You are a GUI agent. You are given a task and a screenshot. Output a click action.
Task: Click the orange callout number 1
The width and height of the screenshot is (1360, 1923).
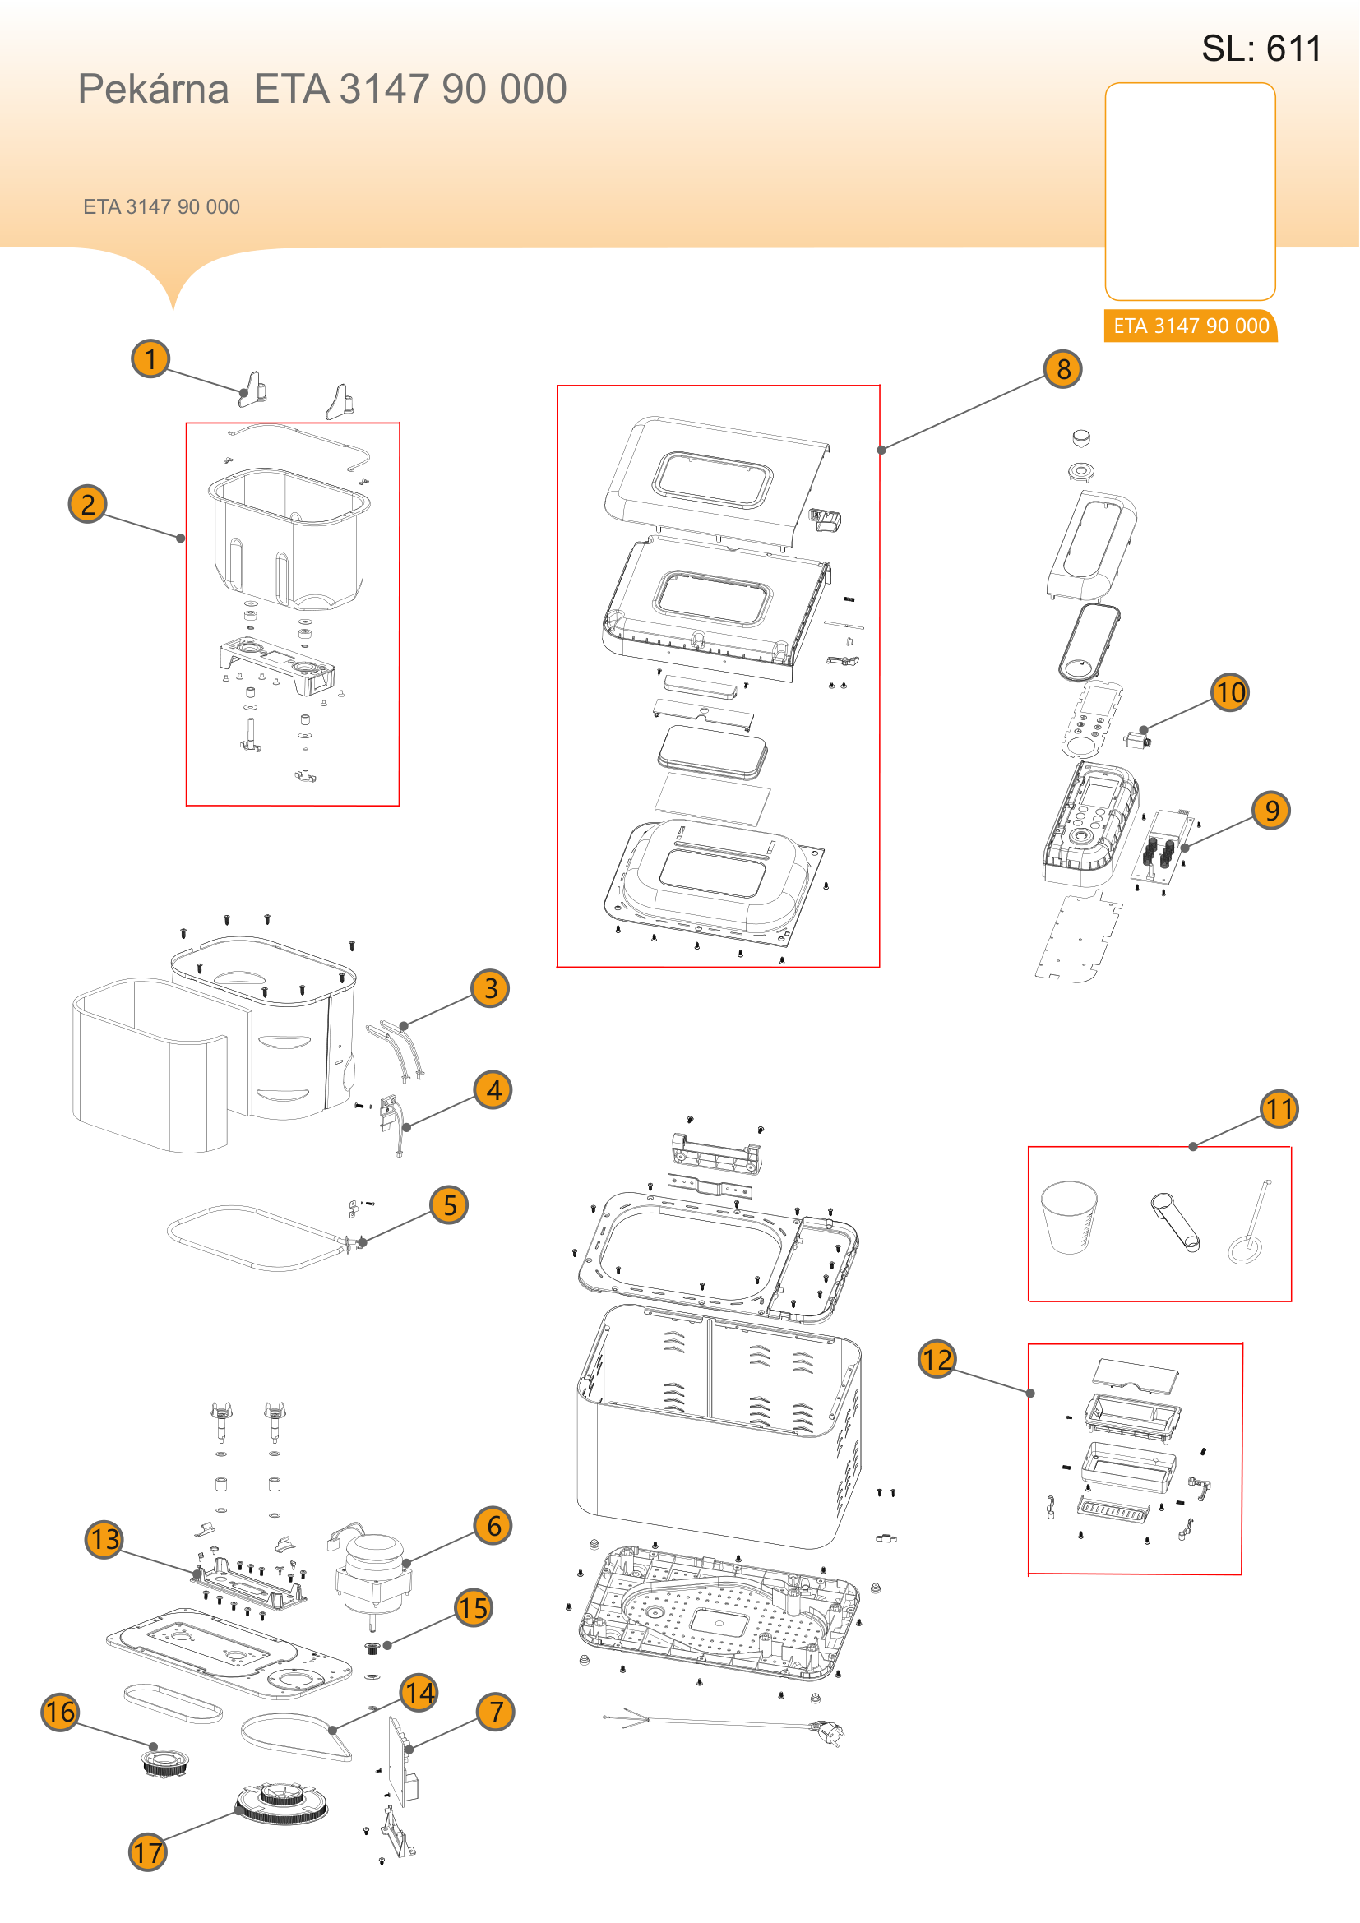click(150, 358)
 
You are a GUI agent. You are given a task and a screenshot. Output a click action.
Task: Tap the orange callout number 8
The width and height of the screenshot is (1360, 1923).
click(1062, 368)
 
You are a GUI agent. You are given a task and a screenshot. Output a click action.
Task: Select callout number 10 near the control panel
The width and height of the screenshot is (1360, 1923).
click(1229, 691)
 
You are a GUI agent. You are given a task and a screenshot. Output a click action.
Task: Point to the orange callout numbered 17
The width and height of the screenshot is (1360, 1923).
click(148, 1851)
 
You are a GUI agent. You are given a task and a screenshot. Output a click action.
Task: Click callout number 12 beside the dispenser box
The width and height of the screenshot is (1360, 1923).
click(938, 1358)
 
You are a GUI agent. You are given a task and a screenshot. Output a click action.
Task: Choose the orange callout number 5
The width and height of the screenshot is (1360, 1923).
click(450, 1204)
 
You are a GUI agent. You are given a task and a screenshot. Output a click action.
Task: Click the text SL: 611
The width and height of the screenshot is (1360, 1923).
click(1261, 49)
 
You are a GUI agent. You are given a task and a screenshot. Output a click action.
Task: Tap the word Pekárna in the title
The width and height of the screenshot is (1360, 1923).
click(153, 89)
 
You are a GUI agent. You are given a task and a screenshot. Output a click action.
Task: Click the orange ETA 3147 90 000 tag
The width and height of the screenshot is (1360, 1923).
click(1191, 326)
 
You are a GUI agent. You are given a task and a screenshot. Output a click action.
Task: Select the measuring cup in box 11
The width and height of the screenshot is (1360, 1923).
click(1069, 1217)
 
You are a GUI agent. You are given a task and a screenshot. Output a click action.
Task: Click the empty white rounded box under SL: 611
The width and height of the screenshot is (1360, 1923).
click(1190, 191)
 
